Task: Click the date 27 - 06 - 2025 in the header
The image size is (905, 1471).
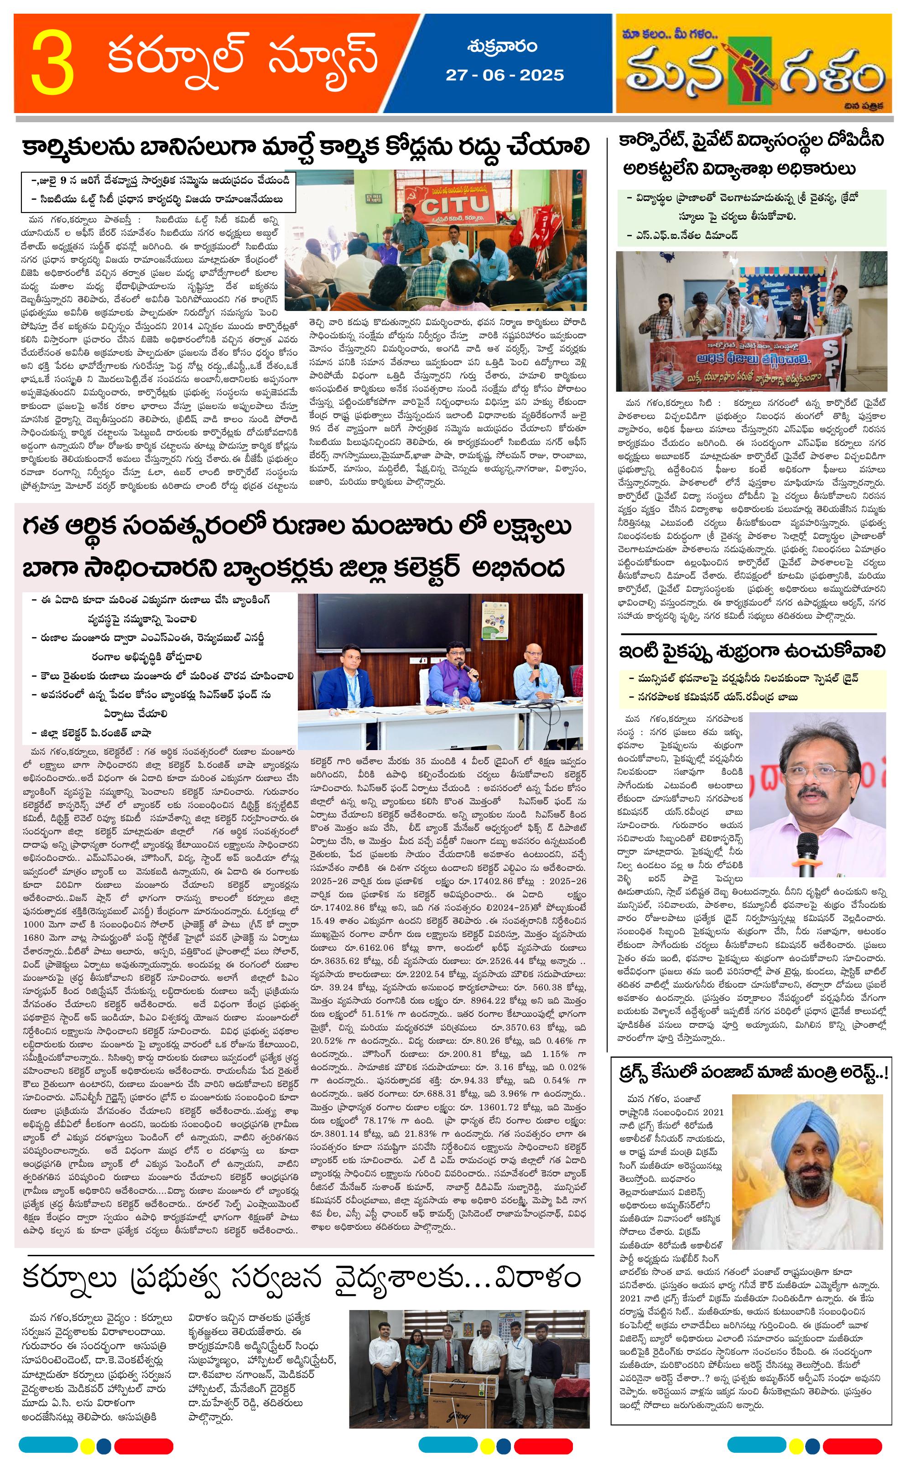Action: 505,75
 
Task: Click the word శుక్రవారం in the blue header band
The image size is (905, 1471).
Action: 503,47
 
